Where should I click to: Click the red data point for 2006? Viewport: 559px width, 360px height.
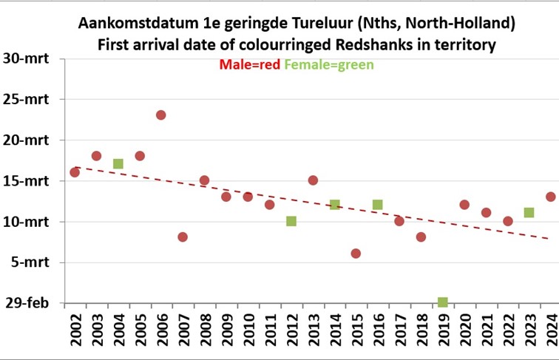[160, 115]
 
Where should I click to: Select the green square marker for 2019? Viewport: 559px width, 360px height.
[442, 302]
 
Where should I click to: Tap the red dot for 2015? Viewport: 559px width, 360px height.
[356, 254]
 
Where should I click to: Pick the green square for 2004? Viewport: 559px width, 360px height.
[118, 163]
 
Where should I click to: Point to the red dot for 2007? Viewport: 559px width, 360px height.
[183, 237]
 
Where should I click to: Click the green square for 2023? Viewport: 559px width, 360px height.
[529, 213]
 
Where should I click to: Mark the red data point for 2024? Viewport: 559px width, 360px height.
[550, 197]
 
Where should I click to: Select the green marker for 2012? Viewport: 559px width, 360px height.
[291, 221]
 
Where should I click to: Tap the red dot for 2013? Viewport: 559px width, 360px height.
[313, 180]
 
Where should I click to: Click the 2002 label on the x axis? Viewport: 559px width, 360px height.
[75, 330]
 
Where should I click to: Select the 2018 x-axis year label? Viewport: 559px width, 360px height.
[421, 330]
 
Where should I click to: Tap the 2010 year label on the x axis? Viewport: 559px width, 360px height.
[248, 330]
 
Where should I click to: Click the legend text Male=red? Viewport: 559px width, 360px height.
[250, 64]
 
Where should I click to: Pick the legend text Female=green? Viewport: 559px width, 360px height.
[329, 64]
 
